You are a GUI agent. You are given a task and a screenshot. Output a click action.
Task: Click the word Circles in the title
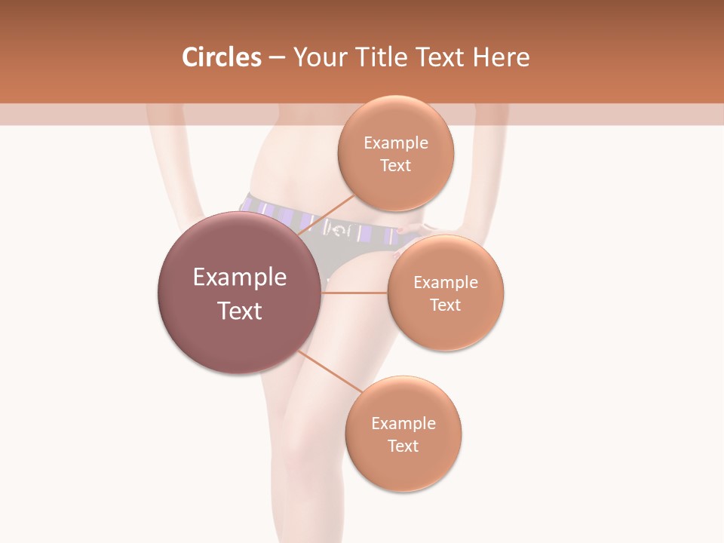click(x=221, y=57)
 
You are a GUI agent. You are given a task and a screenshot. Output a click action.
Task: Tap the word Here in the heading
click(x=501, y=57)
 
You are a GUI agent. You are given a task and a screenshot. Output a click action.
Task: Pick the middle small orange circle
click(x=446, y=328)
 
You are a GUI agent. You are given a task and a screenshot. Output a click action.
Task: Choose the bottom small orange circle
click(x=403, y=468)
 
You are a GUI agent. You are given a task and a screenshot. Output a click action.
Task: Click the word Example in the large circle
click(x=240, y=278)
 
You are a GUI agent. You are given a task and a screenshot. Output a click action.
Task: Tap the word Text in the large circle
click(x=240, y=311)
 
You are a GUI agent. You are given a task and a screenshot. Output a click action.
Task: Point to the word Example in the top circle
click(x=396, y=143)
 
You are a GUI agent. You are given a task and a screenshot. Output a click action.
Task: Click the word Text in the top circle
click(x=396, y=165)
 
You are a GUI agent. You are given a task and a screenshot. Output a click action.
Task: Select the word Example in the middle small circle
click(x=446, y=283)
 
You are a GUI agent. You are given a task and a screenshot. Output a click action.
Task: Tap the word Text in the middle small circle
click(x=446, y=305)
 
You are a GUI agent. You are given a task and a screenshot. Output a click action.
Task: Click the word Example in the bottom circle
click(x=403, y=424)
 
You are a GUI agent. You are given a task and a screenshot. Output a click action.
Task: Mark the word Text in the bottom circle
click(x=403, y=446)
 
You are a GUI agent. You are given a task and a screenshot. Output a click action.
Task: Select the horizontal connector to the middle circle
click(x=354, y=293)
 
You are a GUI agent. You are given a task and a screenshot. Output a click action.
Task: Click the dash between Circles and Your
click(x=278, y=58)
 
